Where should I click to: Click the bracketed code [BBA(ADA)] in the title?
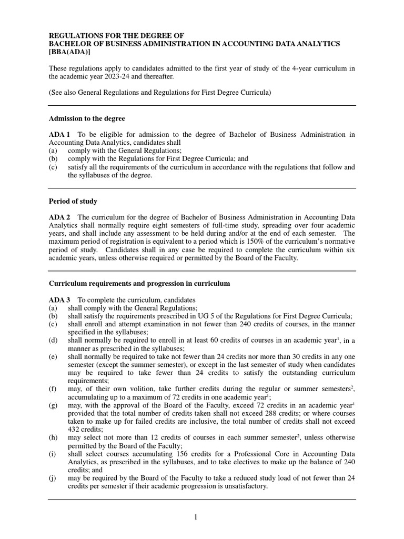click(73, 53)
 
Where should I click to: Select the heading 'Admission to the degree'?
click(87, 118)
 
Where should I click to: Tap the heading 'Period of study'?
click(73, 202)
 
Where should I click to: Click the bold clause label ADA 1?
click(58, 135)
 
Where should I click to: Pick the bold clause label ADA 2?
click(58, 217)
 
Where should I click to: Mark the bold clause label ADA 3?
click(58, 300)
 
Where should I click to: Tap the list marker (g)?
click(53, 405)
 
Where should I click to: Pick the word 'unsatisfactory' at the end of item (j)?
click(243, 486)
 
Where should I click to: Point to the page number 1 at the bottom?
click(196, 517)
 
